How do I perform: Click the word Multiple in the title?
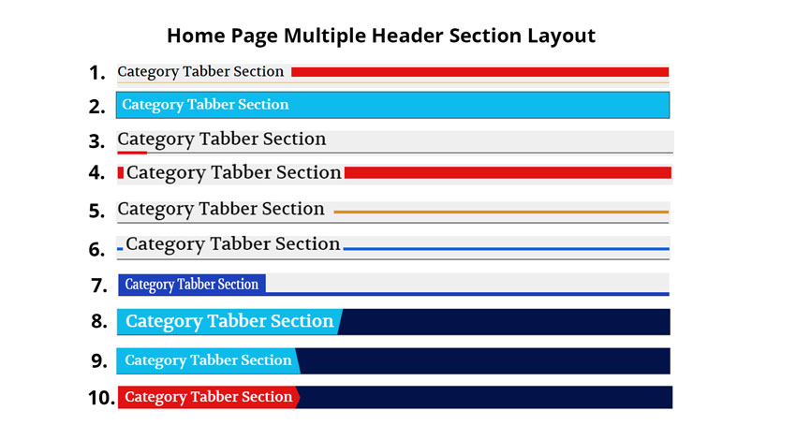(x=324, y=36)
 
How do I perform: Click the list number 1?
(x=96, y=73)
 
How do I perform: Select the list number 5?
(x=96, y=211)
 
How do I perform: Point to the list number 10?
(x=101, y=398)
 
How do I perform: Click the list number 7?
(x=99, y=286)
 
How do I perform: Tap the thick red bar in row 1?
(x=479, y=72)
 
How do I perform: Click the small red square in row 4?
(x=121, y=173)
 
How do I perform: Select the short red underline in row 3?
(x=132, y=153)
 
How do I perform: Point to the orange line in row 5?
(x=501, y=212)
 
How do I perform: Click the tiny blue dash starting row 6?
(x=120, y=249)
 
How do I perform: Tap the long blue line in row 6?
(x=506, y=249)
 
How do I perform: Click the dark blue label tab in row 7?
(x=192, y=285)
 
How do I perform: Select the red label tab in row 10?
(x=209, y=397)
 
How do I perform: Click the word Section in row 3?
(x=294, y=139)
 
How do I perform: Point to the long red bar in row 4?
(x=508, y=173)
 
